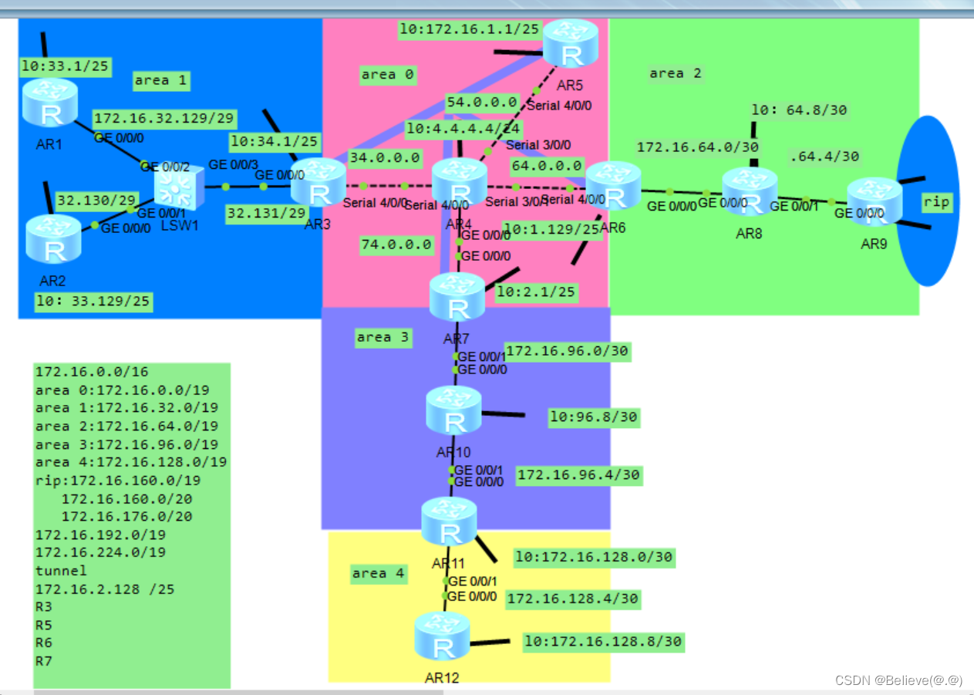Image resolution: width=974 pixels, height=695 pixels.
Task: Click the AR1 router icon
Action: click(x=50, y=103)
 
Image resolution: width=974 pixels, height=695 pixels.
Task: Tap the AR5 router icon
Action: click(x=571, y=43)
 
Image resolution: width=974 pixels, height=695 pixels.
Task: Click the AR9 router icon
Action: click(x=875, y=201)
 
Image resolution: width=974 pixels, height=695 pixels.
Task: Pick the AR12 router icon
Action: click(x=442, y=636)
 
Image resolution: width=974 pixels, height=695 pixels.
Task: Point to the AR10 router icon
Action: click(x=454, y=410)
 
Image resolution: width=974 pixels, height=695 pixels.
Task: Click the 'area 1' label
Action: click(x=160, y=80)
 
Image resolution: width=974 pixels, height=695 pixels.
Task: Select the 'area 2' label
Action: click(x=676, y=73)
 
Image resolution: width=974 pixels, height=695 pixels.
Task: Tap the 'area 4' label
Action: click(x=378, y=573)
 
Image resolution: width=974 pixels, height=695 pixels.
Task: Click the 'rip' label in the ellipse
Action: click(x=937, y=202)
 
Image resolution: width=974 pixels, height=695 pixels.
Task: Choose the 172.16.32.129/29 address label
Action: click(x=164, y=119)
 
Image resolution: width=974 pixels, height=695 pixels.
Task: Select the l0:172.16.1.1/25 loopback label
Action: click(x=469, y=30)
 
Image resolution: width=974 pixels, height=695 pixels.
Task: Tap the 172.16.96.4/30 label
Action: click(x=578, y=475)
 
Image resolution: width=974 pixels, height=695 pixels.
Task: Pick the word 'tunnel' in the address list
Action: click(x=61, y=571)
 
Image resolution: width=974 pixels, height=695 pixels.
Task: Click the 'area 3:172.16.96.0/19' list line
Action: click(x=126, y=444)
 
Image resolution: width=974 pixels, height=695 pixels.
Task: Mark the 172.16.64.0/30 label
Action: click(x=697, y=147)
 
